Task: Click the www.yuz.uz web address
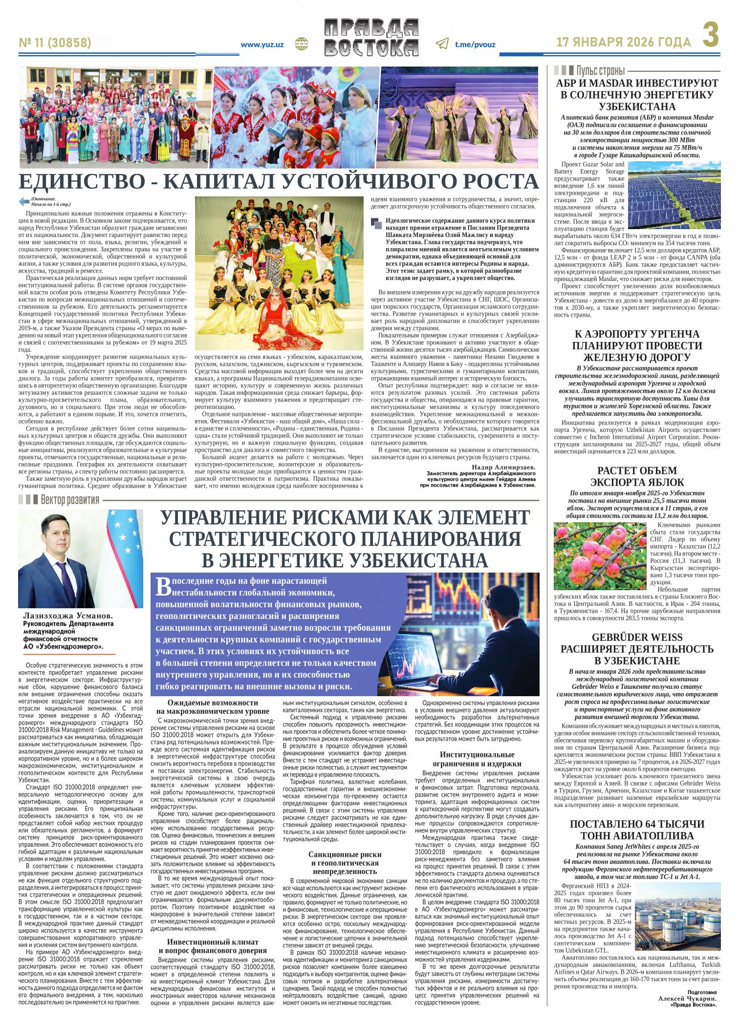[262, 44]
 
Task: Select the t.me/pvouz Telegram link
[475, 44]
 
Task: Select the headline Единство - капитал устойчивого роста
[279, 182]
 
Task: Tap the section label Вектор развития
[69, 500]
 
